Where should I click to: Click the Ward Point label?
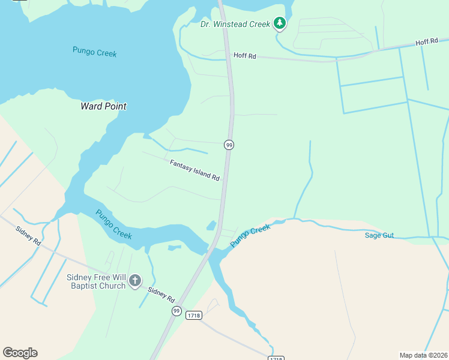(103, 106)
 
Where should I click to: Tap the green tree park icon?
(279, 23)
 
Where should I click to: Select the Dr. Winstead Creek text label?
(235, 24)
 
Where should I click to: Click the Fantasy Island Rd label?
(194, 170)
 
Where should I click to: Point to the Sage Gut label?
(379, 235)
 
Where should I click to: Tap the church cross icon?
(136, 280)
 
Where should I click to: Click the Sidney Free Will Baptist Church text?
(96, 281)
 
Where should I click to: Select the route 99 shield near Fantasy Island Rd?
(229, 145)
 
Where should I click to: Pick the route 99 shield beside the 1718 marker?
(176, 310)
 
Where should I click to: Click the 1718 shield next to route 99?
(193, 315)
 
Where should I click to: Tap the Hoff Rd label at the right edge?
(427, 43)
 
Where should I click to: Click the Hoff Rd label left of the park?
(244, 56)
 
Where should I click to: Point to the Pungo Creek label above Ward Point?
(94, 52)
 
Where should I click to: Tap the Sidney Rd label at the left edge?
(28, 235)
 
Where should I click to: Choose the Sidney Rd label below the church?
(161, 295)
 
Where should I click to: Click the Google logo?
(20, 353)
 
